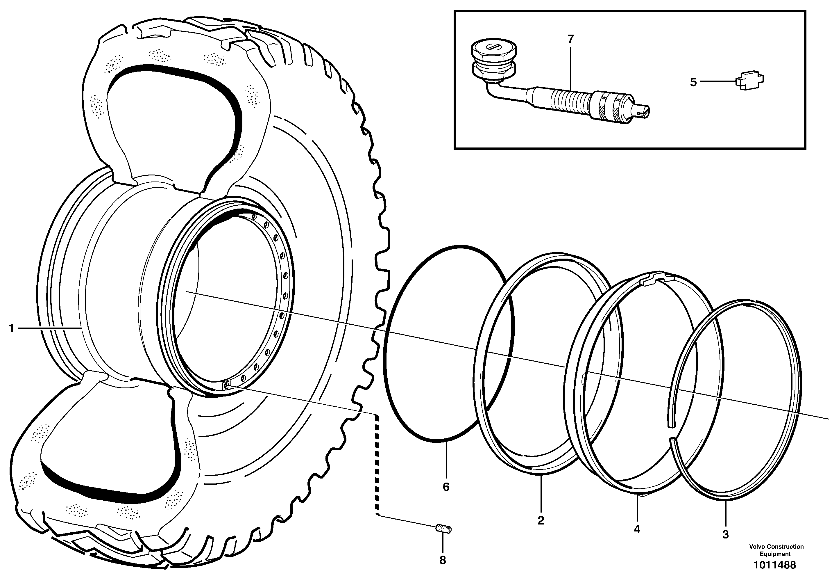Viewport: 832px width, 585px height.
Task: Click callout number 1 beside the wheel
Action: pos(12,328)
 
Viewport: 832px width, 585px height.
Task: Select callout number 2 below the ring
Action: pos(541,521)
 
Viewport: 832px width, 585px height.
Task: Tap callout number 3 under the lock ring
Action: pos(725,535)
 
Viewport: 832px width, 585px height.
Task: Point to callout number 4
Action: pos(637,529)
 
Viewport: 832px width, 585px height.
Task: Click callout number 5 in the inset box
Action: pos(693,82)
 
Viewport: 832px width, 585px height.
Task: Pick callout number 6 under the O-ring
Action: pos(446,487)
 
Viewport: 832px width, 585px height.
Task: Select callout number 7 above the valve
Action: pos(571,39)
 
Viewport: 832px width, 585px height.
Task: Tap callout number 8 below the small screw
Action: pos(443,560)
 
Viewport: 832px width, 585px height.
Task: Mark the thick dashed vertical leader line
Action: pos(377,468)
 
